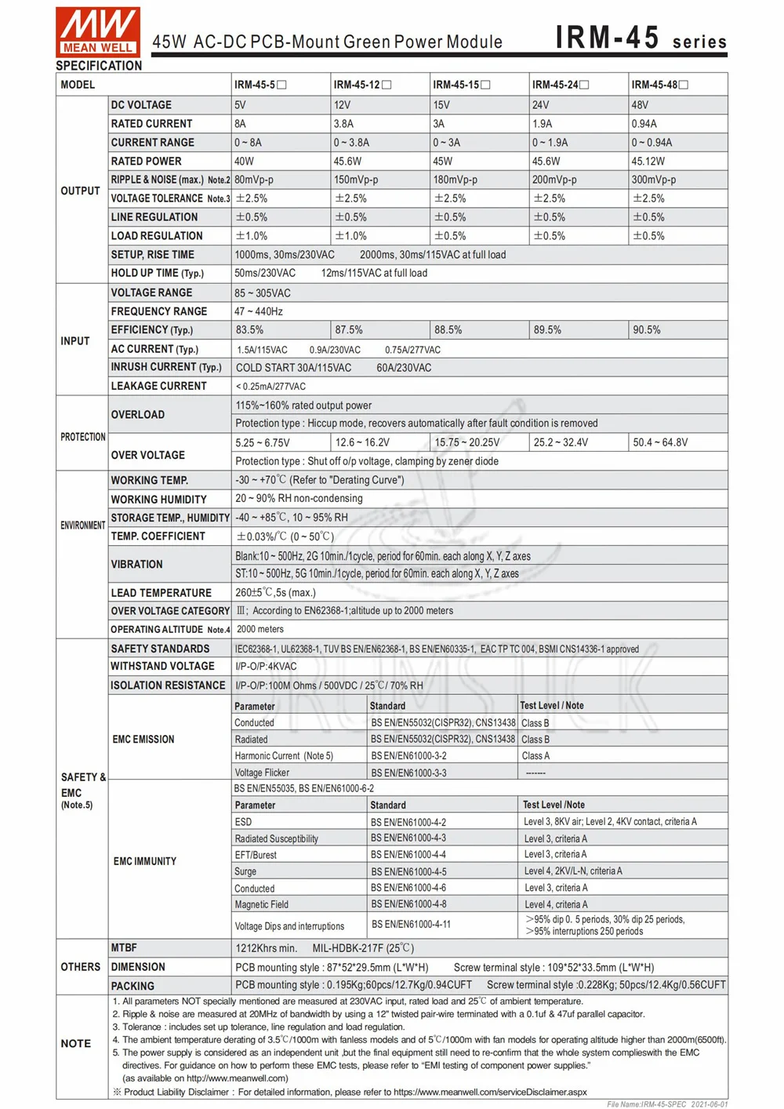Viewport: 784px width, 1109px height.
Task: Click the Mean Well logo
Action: pos(98,31)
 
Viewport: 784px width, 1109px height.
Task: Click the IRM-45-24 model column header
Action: pos(560,85)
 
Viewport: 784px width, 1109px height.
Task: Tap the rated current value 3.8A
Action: pos(343,123)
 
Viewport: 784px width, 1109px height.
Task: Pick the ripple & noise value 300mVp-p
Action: pos(654,180)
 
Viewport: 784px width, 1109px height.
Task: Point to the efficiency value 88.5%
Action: pos(448,330)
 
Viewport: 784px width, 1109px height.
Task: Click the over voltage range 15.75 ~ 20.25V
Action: pos(466,442)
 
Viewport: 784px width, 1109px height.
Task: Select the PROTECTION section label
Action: pos(82,437)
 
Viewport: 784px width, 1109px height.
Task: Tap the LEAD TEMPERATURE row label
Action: pos(161,593)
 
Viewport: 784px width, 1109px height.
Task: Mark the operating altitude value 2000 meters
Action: pos(260,629)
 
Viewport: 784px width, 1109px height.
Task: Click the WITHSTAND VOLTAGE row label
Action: pos(162,666)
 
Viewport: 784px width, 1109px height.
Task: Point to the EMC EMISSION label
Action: pos(143,739)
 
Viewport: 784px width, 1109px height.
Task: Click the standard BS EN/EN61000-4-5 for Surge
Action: pos(408,871)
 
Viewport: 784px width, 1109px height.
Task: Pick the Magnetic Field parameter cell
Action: pos(261,904)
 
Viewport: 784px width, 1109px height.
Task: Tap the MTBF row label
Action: pos(124,947)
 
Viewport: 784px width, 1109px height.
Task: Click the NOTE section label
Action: pos(76,1043)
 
